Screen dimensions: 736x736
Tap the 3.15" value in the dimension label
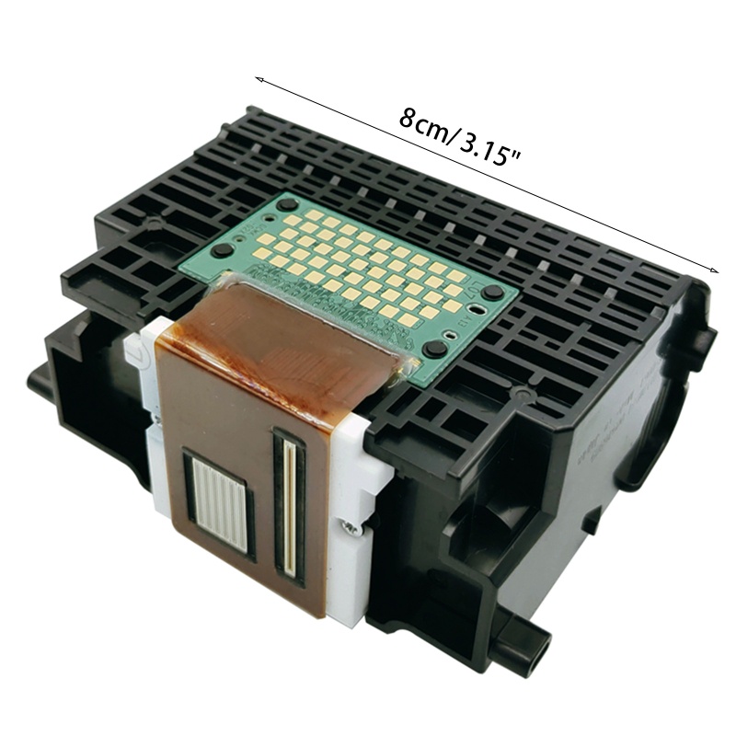[487, 147]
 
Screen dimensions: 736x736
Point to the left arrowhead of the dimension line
[259, 79]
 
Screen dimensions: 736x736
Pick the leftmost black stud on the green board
[221, 249]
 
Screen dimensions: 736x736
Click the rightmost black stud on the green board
[494, 292]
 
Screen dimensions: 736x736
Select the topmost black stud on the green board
[288, 204]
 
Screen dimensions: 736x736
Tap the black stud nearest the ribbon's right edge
[435, 349]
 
